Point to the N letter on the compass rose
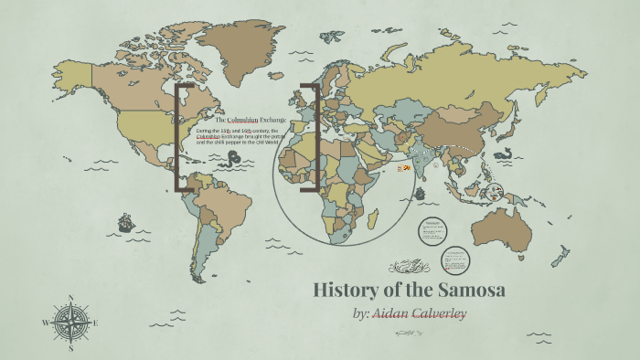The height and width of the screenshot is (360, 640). (x=70, y=298)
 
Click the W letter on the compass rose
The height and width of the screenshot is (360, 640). (x=45, y=323)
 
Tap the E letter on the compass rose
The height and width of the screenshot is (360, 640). (x=95, y=323)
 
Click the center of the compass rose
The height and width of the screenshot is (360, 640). (x=70, y=323)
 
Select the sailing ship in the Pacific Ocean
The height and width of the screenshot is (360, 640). (x=125, y=222)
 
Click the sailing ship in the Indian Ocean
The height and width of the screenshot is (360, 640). (x=420, y=194)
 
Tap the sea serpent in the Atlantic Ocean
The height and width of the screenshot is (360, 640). (x=236, y=157)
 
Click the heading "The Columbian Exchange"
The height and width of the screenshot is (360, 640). (x=250, y=120)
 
